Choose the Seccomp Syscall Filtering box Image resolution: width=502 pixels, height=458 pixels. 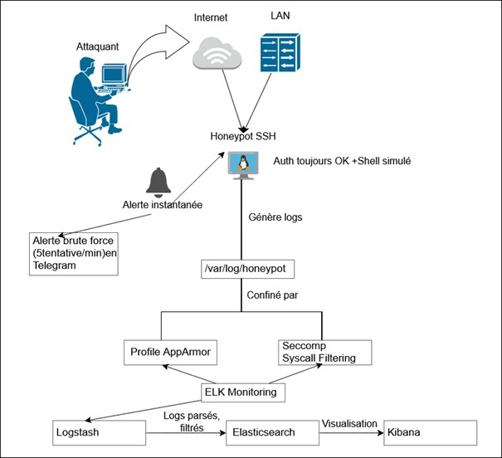click(x=323, y=351)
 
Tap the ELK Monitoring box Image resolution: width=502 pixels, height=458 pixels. click(x=241, y=391)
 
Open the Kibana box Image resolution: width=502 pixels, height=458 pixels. click(x=430, y=432)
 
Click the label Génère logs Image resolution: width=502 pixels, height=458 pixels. click(x=276, y=217)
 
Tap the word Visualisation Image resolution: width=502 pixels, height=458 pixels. click(x=351, y=421)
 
